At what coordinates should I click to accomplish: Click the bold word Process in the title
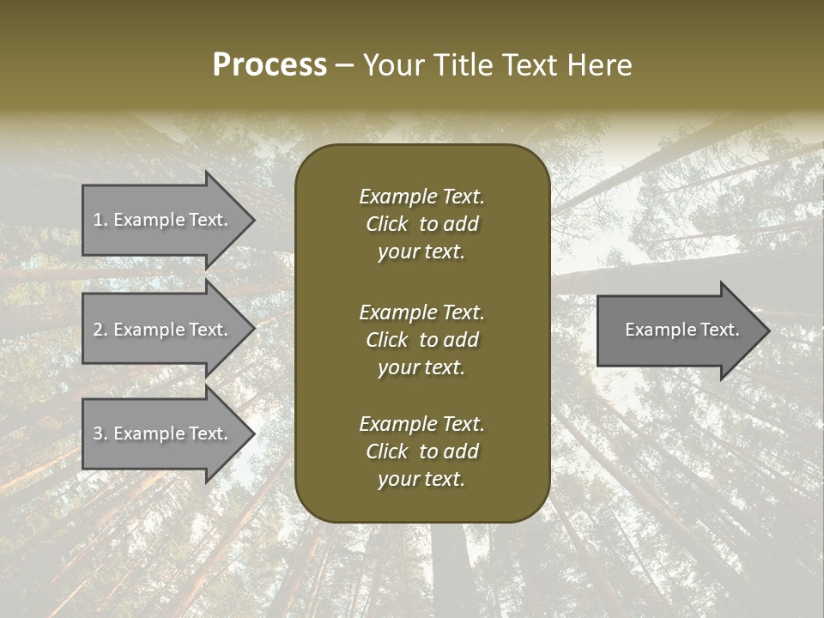point(270,65)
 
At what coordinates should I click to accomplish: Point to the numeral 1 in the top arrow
point(97,220)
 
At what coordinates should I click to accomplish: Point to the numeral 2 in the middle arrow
point(98,330)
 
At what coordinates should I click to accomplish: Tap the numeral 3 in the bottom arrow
point(98,433)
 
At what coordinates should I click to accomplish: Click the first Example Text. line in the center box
point(421,197)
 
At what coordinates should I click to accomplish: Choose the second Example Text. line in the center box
point(421,312)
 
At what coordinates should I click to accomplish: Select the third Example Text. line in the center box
point(421,424)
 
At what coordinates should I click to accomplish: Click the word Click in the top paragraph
point(386,224)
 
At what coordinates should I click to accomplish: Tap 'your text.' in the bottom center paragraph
point(421,479)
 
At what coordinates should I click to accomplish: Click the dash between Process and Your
point(344,65)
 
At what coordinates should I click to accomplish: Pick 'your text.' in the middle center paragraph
point(421,367)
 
